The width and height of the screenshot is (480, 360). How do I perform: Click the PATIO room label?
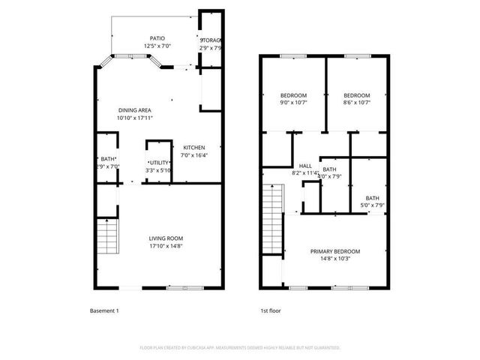pos(157,38)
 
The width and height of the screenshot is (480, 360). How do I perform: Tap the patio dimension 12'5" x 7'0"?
pos(157,46)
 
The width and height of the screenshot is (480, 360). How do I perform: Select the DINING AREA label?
pos(134,110)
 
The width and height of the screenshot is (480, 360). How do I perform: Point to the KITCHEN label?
pos(194,148)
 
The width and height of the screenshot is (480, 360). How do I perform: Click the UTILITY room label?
pos(159,163)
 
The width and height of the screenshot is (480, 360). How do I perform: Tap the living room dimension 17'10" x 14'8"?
pos(166,246)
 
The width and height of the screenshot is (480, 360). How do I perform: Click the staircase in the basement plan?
pos(109,238)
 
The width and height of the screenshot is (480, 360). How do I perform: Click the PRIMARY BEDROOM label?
pos(335,251)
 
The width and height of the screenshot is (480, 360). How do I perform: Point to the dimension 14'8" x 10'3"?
pos(335,259)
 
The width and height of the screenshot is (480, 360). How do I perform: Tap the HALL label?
pos(305,166)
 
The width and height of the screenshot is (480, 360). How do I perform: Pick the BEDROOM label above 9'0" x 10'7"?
pos(293,95)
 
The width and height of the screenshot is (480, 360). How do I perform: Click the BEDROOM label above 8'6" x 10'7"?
pos(356,95)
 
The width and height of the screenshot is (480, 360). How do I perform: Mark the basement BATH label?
pos(109,159)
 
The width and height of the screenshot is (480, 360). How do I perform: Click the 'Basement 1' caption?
pos(104,310)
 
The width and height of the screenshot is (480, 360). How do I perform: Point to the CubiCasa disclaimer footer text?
pos(240,348)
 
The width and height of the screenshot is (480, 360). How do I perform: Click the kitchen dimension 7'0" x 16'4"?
pos(194,156)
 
